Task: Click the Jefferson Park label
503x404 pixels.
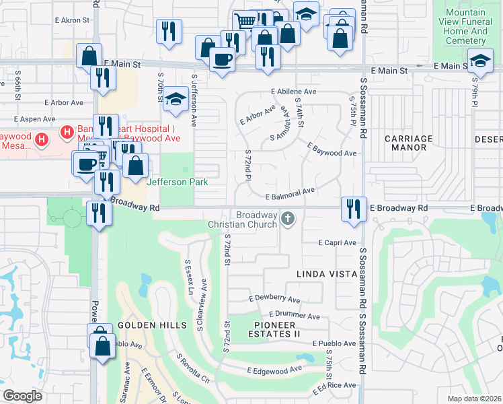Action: coord(177,182)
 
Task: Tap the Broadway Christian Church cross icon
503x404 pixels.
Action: coord(288,217)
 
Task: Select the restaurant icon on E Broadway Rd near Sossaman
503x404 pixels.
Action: coord(353,208)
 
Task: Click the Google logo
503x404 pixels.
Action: coord(22,395)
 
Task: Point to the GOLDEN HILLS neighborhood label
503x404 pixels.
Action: coord(152,325)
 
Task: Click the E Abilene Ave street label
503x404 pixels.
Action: coord(294,92)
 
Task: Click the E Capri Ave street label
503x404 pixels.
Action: coord(338,242)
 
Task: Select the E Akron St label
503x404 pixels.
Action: coord(71,20)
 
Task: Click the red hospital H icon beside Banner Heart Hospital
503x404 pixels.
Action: coord(67,131)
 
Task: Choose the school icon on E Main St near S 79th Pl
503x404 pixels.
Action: coord(480,61)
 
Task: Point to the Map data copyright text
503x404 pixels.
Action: coord(474,399)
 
